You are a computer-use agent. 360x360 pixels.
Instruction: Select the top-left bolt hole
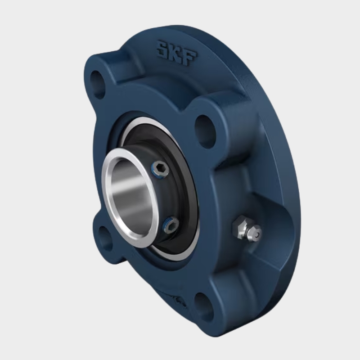coord(97,84)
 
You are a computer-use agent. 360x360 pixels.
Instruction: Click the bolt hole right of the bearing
coord(205,131)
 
